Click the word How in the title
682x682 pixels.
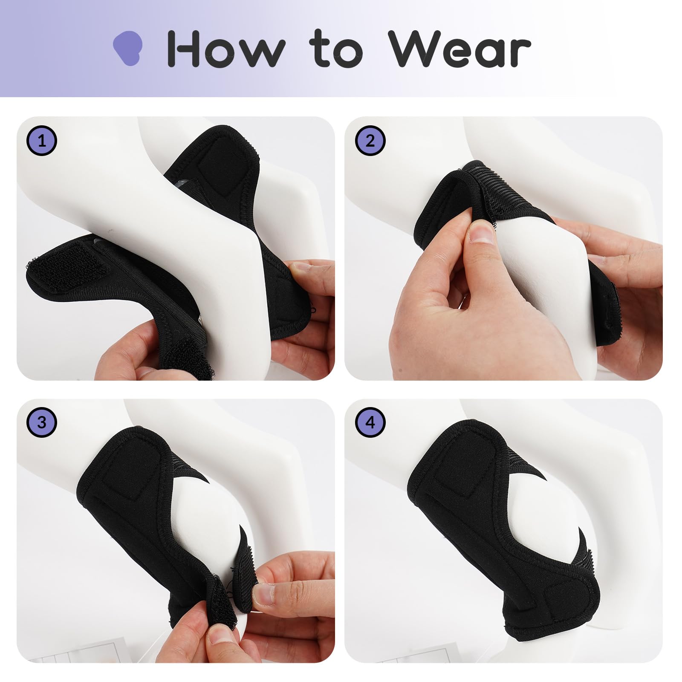[x=226, y=48]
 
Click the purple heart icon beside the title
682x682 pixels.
[x=127, y=48]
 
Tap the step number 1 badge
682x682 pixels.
[x=42, y=140]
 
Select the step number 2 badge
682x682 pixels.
[x=370, y=140]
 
